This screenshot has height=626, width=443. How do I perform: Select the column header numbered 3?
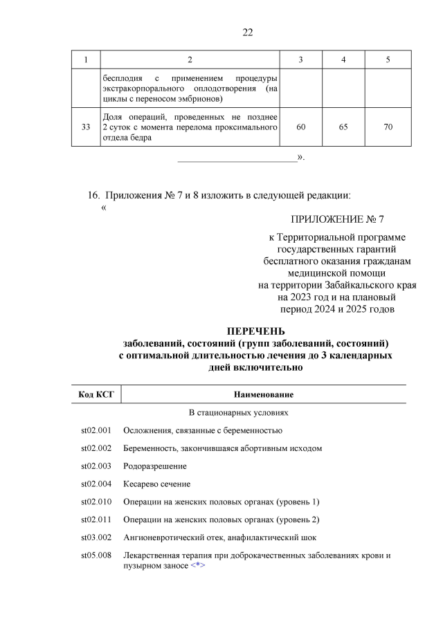(x=300, y=60)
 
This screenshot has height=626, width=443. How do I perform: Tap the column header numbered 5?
(x=388, y=60)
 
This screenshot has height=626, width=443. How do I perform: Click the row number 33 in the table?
(x=86, y=127)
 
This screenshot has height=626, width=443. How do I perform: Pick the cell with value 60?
(x=300, y=127)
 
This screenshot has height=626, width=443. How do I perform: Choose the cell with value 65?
(x=344, y=127)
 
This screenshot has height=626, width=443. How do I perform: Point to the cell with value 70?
(x=388, y=127)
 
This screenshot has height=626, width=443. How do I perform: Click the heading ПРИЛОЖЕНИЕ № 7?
(x=337, y=219)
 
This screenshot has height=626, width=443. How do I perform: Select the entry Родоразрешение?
(x=150, y=466)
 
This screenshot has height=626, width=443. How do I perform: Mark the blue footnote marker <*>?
(x=198, y=566)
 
